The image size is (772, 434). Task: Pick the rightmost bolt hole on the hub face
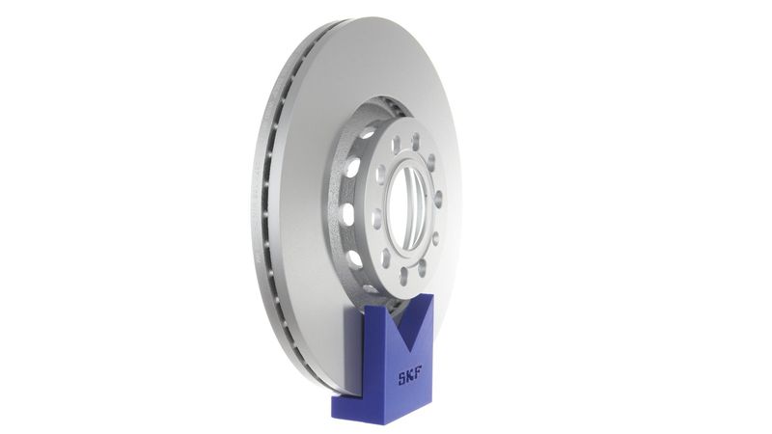(438, 200)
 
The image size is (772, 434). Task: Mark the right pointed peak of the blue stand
(430, 295)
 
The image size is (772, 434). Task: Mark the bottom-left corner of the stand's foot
(333, 417)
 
